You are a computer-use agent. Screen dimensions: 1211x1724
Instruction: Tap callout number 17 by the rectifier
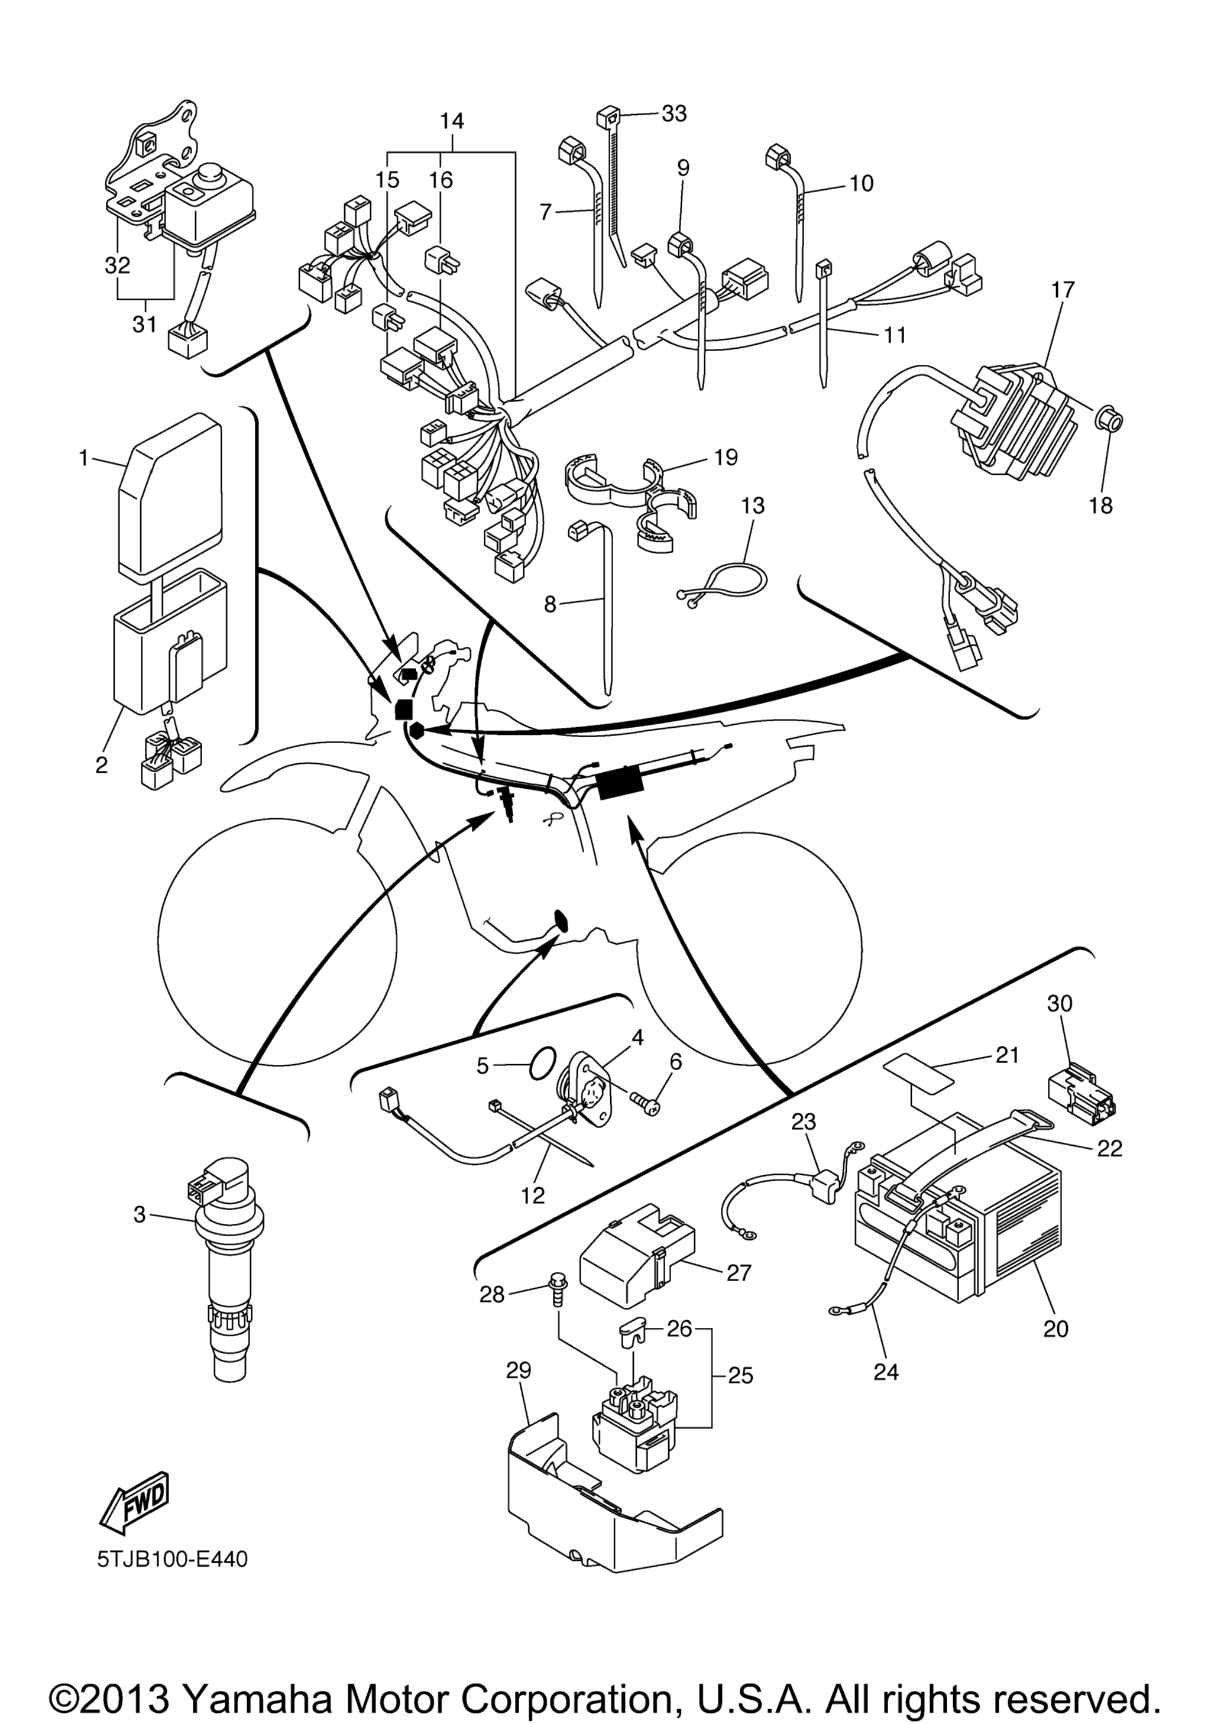(x=1063, y=290)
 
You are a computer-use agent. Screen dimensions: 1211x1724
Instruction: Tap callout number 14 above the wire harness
(x=452, y=121)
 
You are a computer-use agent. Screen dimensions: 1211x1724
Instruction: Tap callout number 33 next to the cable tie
(x=674, y=114)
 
